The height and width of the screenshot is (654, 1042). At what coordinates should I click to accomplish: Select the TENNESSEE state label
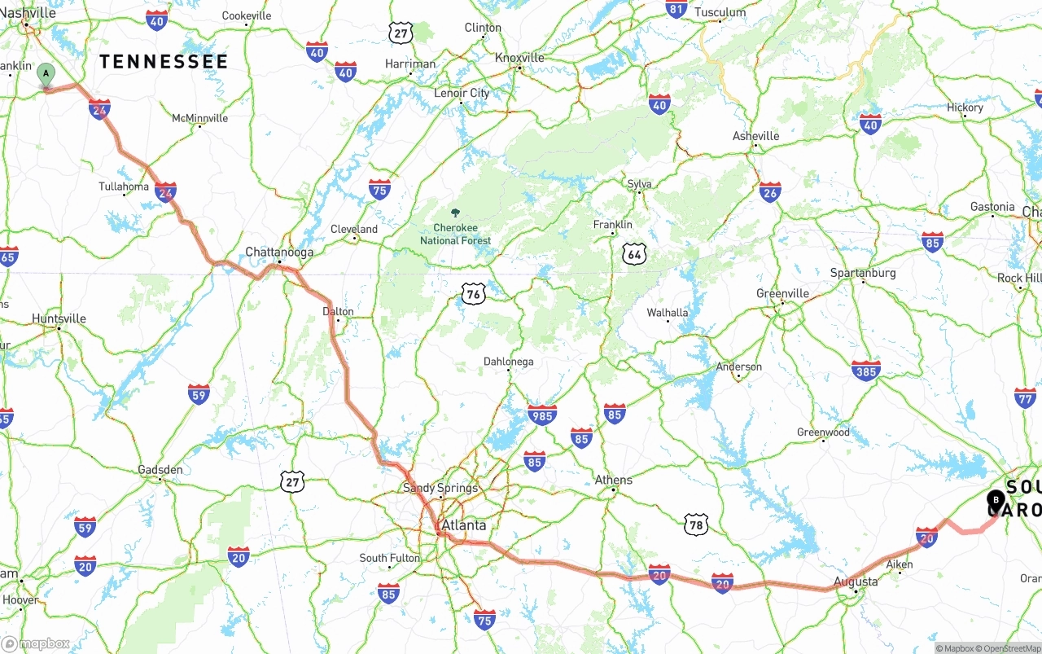pos(164,62)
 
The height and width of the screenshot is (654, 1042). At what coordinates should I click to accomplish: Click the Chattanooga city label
pos(279,252)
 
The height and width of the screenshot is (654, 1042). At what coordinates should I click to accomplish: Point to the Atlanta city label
pos(463,525)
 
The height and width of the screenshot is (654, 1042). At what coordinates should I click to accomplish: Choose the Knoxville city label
pos(519,58)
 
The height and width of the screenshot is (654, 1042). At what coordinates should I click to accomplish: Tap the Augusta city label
pos(856,582)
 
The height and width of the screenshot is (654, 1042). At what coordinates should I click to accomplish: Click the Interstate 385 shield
pos(865,371)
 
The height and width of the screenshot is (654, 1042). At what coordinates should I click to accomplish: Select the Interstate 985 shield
pos(541,415)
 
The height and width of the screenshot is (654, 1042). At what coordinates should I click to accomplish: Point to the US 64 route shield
pos(634,254)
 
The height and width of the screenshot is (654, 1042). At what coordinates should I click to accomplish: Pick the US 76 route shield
pos(473,294)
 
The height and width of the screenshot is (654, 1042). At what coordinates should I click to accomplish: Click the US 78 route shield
pos(695,524)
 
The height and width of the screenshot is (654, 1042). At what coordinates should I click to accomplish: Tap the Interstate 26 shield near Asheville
pos(769,192)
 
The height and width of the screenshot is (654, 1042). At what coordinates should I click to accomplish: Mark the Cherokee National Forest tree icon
pos(455,213)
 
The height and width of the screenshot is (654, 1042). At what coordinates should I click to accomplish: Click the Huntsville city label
pos(59,318)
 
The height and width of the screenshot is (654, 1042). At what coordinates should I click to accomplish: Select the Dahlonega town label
pos(508,362)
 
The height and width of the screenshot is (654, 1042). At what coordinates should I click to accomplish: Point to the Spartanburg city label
pos(862,273)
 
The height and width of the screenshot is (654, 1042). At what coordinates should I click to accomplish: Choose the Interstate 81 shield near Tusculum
pos(676,9)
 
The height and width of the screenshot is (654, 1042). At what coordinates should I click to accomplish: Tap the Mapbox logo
pos(36,643)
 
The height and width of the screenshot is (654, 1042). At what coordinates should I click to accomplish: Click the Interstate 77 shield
pos(1025,398)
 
